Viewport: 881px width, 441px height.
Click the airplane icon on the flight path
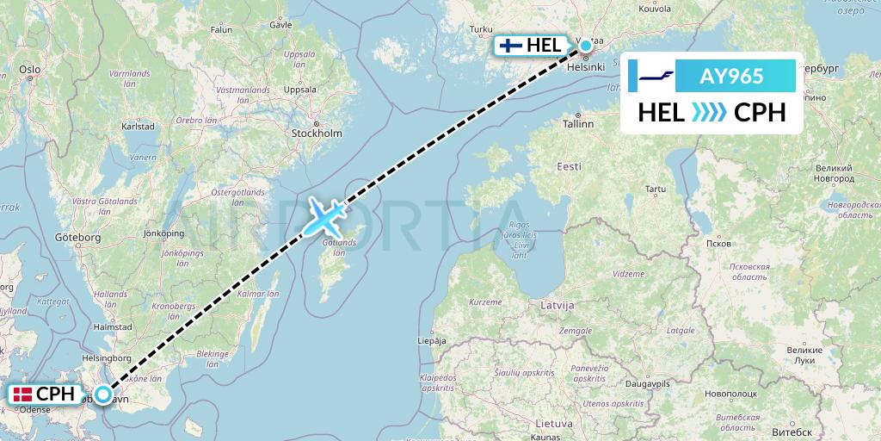point(323,217)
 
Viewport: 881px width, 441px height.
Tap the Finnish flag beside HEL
point(512,45)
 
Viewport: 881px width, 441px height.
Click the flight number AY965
point(733,77)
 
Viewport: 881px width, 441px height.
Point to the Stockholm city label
point(317,134)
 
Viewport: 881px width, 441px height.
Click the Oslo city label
point(30,68)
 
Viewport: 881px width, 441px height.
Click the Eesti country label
point(569,165)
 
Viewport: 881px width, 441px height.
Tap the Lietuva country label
point(554,424)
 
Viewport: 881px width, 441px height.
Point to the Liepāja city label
point(432,341)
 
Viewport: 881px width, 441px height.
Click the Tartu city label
point(656,188)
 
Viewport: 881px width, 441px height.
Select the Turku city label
point(478,29)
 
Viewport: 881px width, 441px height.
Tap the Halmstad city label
point(113,326)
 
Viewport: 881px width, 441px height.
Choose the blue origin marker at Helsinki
point(586,45)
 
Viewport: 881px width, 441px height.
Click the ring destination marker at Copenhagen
point(103,394)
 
